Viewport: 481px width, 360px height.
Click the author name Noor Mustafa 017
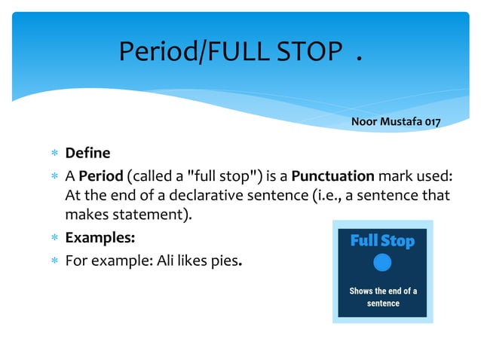point(395,121)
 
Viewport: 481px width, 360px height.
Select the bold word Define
point(87,154)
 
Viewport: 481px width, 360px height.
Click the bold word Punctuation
point(332,177)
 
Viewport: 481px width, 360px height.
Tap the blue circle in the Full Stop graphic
point(383,263)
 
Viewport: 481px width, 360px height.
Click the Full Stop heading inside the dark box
point(383,241)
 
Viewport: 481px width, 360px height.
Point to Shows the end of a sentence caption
point(383,297)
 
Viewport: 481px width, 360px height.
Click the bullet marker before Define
point(54,154)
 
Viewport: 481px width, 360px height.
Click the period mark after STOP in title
point(359,57)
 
